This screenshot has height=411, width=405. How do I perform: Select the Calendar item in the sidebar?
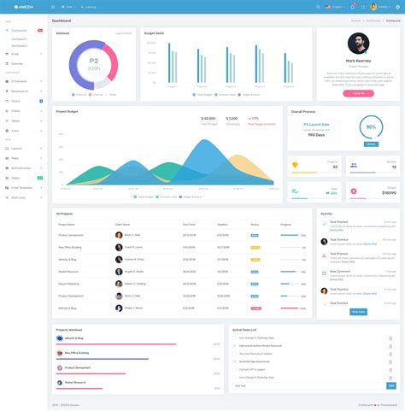[18, 63]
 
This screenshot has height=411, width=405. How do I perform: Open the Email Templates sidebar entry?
[21, 187]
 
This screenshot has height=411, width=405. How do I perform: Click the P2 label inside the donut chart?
[94, 61]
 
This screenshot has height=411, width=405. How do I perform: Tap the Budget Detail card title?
[154, 32]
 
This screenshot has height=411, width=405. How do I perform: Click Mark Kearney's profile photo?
[357, 44]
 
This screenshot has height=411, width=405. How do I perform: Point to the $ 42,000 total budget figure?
[208, 119]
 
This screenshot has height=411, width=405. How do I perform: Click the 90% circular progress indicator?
[370, 127]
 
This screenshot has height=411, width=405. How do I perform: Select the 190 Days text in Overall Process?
[315, 135]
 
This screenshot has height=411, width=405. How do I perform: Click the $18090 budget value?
[388, 192]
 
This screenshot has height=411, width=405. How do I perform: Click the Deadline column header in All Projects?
[222, 224]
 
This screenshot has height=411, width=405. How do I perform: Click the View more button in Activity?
[358, 312]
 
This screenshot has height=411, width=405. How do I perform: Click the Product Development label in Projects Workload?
[79, 367]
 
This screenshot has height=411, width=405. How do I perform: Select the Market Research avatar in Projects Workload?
[59, 382]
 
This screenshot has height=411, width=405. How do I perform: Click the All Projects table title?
[65, 213]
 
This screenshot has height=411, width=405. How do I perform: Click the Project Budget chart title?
[67, 111]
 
